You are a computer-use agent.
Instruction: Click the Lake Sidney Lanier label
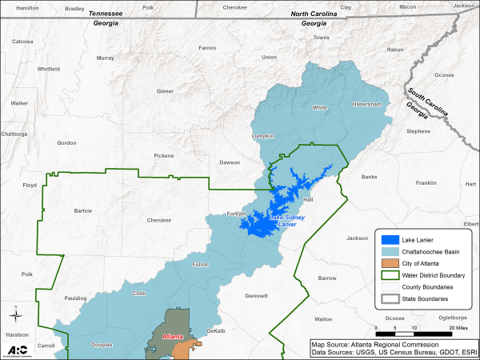(286, 221)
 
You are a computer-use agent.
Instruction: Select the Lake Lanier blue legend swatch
(390, 239)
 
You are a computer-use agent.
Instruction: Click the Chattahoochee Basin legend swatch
(390, 251)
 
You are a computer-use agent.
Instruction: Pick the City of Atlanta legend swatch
(390, 263)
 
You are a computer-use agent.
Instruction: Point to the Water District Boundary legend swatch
(390, 275)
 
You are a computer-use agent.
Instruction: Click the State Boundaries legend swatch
(390, 298)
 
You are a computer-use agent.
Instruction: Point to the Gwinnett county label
(256, 294)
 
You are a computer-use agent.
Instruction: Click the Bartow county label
(83, 211)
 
